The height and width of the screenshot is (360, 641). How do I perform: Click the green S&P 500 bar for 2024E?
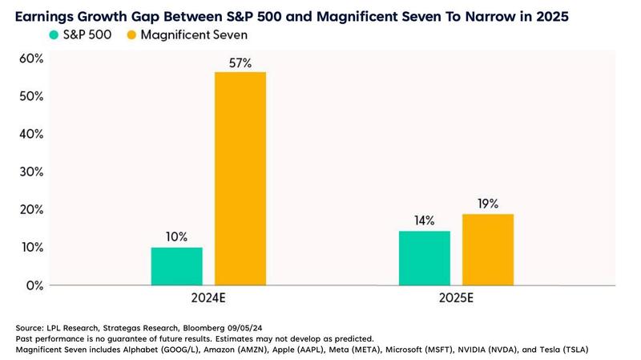click(176, 266)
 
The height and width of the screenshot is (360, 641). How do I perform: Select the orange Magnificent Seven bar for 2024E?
click(240, 178)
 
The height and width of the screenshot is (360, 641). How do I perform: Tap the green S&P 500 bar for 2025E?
click(425, 258)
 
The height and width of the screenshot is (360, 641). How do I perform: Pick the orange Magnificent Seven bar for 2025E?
click(488, 249)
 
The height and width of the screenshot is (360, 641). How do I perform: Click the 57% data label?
click(240, 62)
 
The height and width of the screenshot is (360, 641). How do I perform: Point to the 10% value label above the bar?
click(176, 237)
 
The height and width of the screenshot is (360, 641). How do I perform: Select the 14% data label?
click(425, 220)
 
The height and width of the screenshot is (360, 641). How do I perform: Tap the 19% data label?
click(488, 203)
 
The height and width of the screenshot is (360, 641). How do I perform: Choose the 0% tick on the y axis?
click(34, 285)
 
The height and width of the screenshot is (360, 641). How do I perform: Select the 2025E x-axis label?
click(456, 300)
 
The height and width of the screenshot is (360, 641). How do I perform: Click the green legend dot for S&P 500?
click(53, 34)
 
